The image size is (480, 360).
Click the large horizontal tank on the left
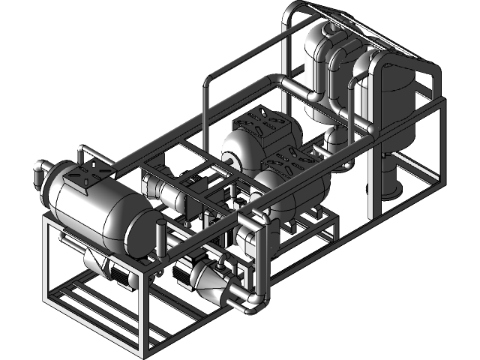97,210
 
